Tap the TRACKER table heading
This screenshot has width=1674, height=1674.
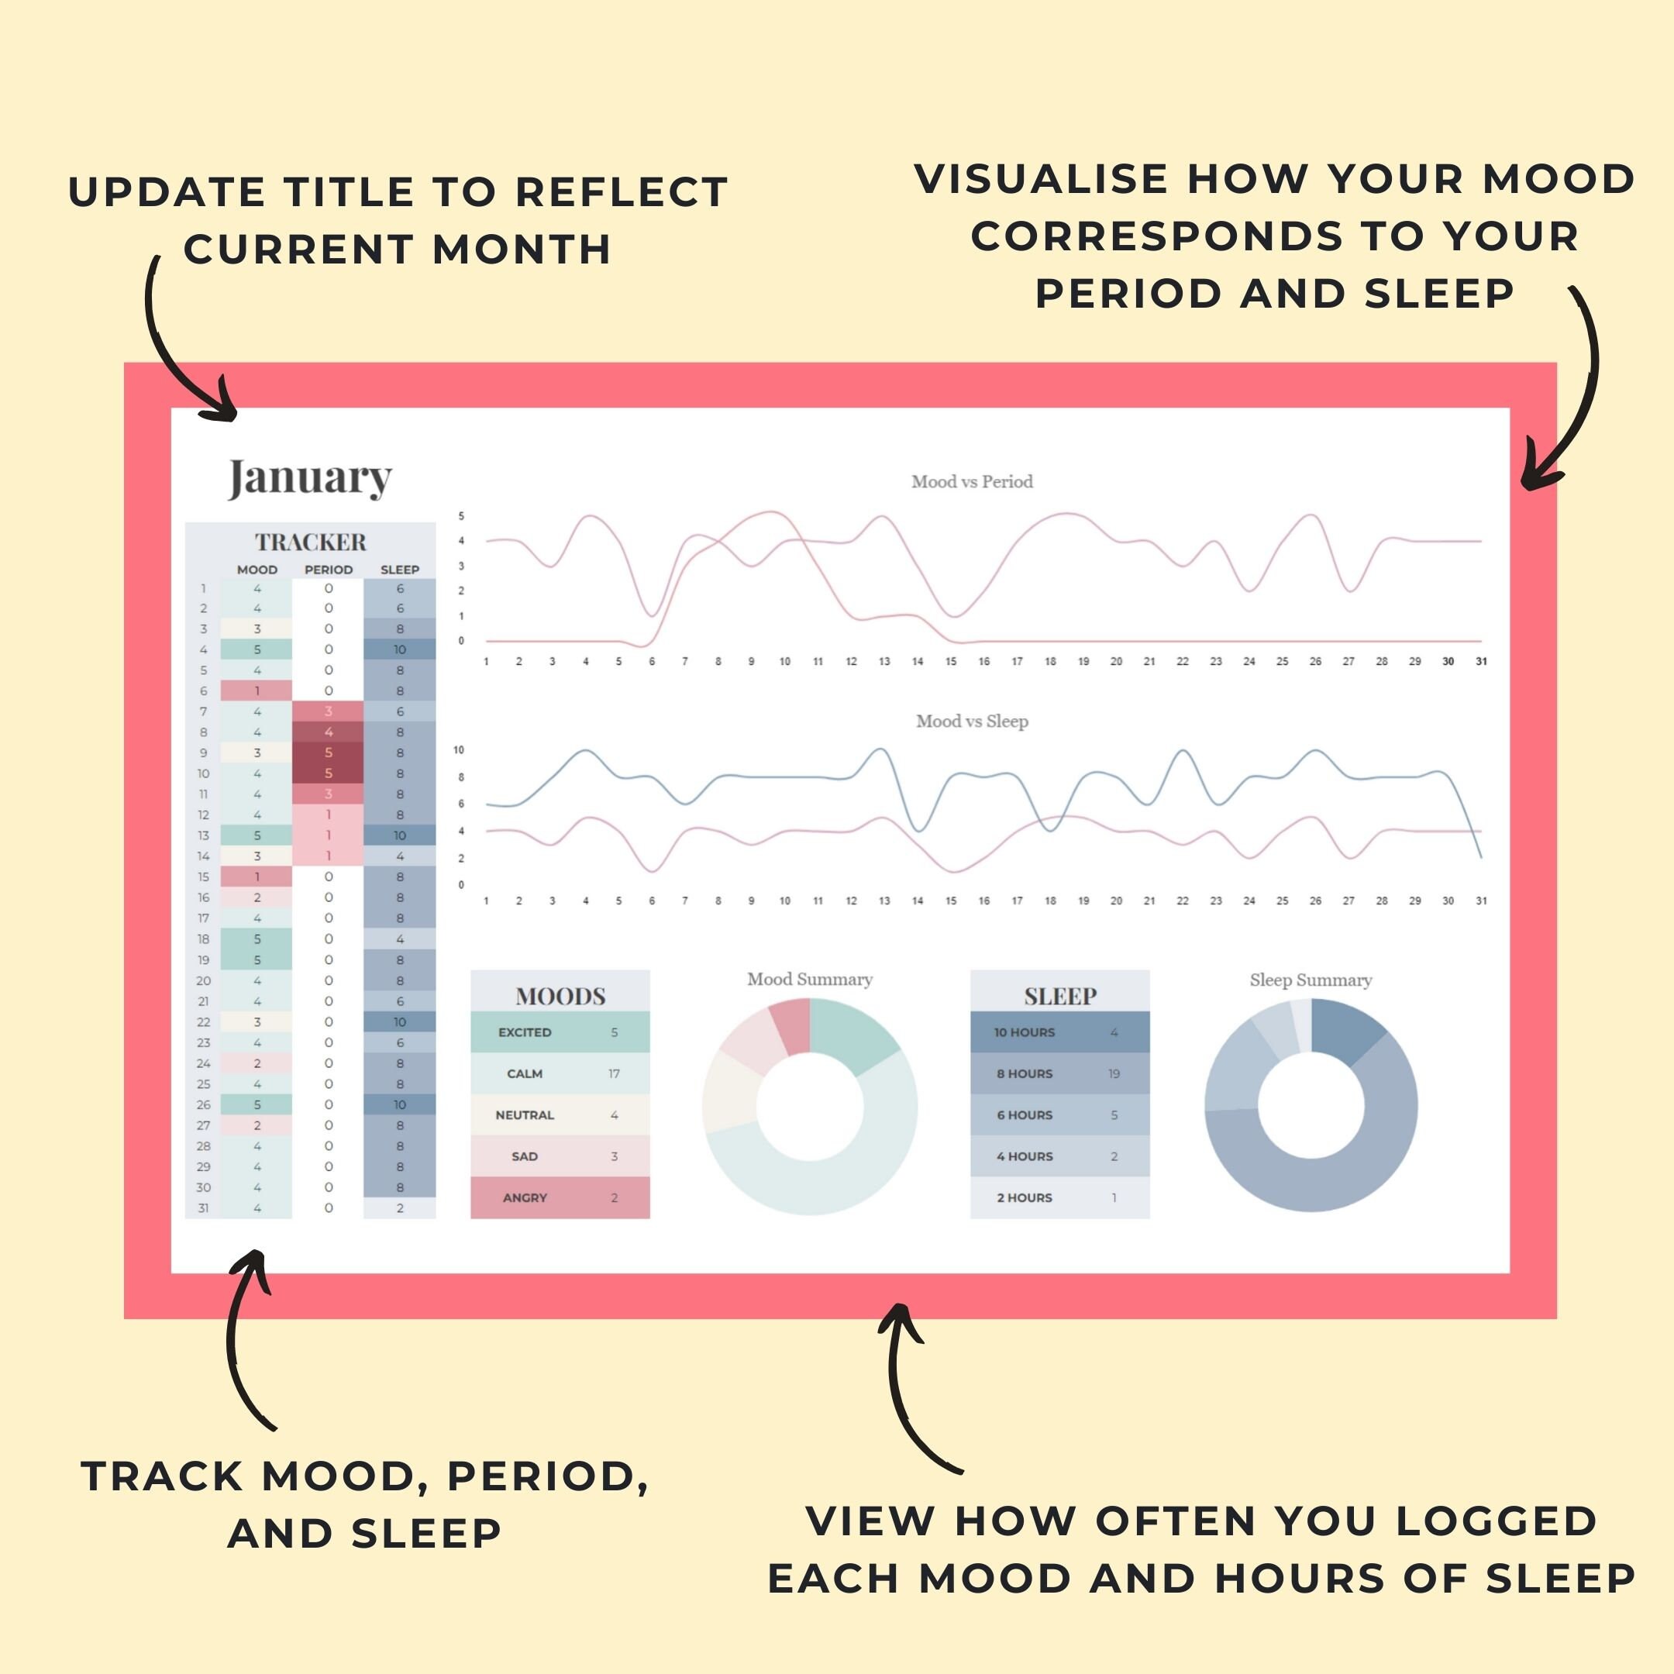pos(310,542)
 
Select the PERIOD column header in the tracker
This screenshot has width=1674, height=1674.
pos(329,570)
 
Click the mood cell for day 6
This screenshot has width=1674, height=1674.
pos(257,691)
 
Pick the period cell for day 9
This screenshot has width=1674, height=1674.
pos(329,752)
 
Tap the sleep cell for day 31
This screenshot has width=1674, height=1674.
pos(399,1208)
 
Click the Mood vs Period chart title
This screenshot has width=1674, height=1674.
pos(971,482)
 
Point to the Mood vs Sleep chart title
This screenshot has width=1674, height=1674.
pos(971,721)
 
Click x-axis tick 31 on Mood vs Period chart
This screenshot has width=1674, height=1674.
pos(1481,661)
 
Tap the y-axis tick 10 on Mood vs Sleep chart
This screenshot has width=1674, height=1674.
pos(458,749)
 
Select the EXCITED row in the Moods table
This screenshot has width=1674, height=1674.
pos(560,1032)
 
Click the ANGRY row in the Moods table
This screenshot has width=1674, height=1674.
pos(560,1197)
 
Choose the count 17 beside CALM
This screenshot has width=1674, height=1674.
pos(614,1073)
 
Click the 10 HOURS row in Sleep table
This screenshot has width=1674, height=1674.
pos(1059,1032)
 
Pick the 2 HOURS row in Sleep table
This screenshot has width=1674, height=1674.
pos(1059,1197)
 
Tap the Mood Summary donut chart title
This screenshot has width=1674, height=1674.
pos(809,979)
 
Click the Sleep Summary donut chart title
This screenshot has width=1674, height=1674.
pos(1310,980)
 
